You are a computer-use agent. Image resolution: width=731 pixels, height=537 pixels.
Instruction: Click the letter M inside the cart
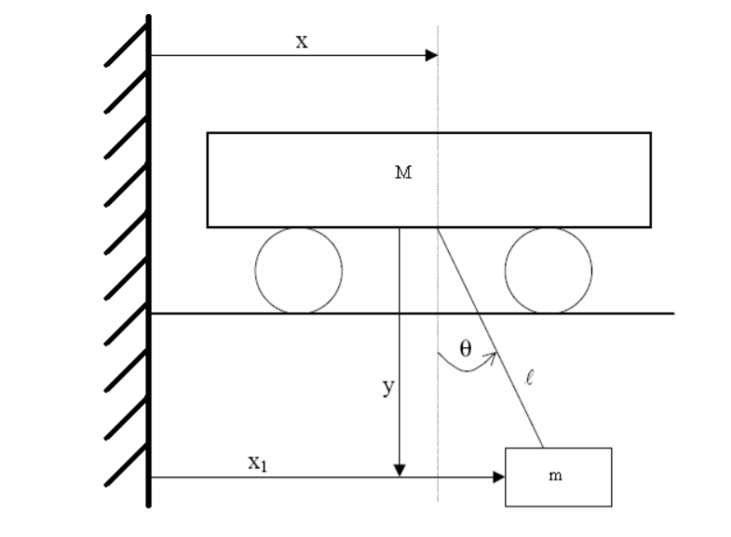403,173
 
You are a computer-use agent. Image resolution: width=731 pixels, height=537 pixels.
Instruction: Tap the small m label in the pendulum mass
556,477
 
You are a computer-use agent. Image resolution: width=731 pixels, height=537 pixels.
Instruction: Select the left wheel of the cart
299,271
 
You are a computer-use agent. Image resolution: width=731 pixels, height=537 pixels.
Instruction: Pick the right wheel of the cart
548,271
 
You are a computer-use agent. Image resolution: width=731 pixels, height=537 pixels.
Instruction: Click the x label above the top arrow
302,41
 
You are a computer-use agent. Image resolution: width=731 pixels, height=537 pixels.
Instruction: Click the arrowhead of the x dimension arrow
432,56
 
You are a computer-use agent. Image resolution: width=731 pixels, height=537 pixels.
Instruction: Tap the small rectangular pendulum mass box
558,477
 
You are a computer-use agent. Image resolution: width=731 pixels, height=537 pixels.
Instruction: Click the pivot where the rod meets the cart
438,227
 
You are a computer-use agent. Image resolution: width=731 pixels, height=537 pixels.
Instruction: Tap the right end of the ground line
671,314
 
